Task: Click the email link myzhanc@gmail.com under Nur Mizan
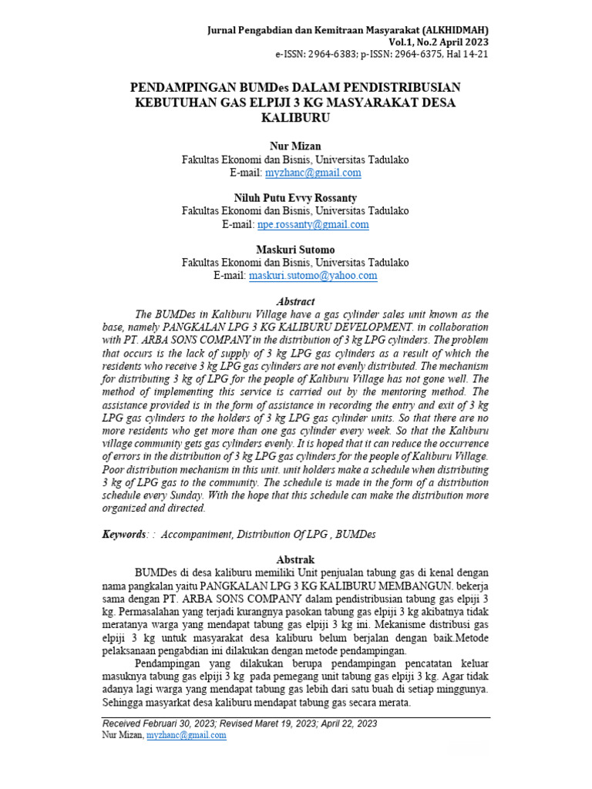point(312,173)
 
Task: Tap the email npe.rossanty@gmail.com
point(312,224)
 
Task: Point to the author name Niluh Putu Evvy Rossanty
point(295,198)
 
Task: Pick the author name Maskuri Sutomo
point(295,249)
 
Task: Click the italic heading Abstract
point(295,301)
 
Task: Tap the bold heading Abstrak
point(295,559)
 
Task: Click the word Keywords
point(124,534)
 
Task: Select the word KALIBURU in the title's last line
point(295,118)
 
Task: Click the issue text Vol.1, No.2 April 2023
point(438,42)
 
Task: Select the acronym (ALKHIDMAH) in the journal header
point(455,30)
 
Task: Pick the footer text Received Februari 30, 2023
point(161,724)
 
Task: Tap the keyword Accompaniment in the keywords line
point(196,534)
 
